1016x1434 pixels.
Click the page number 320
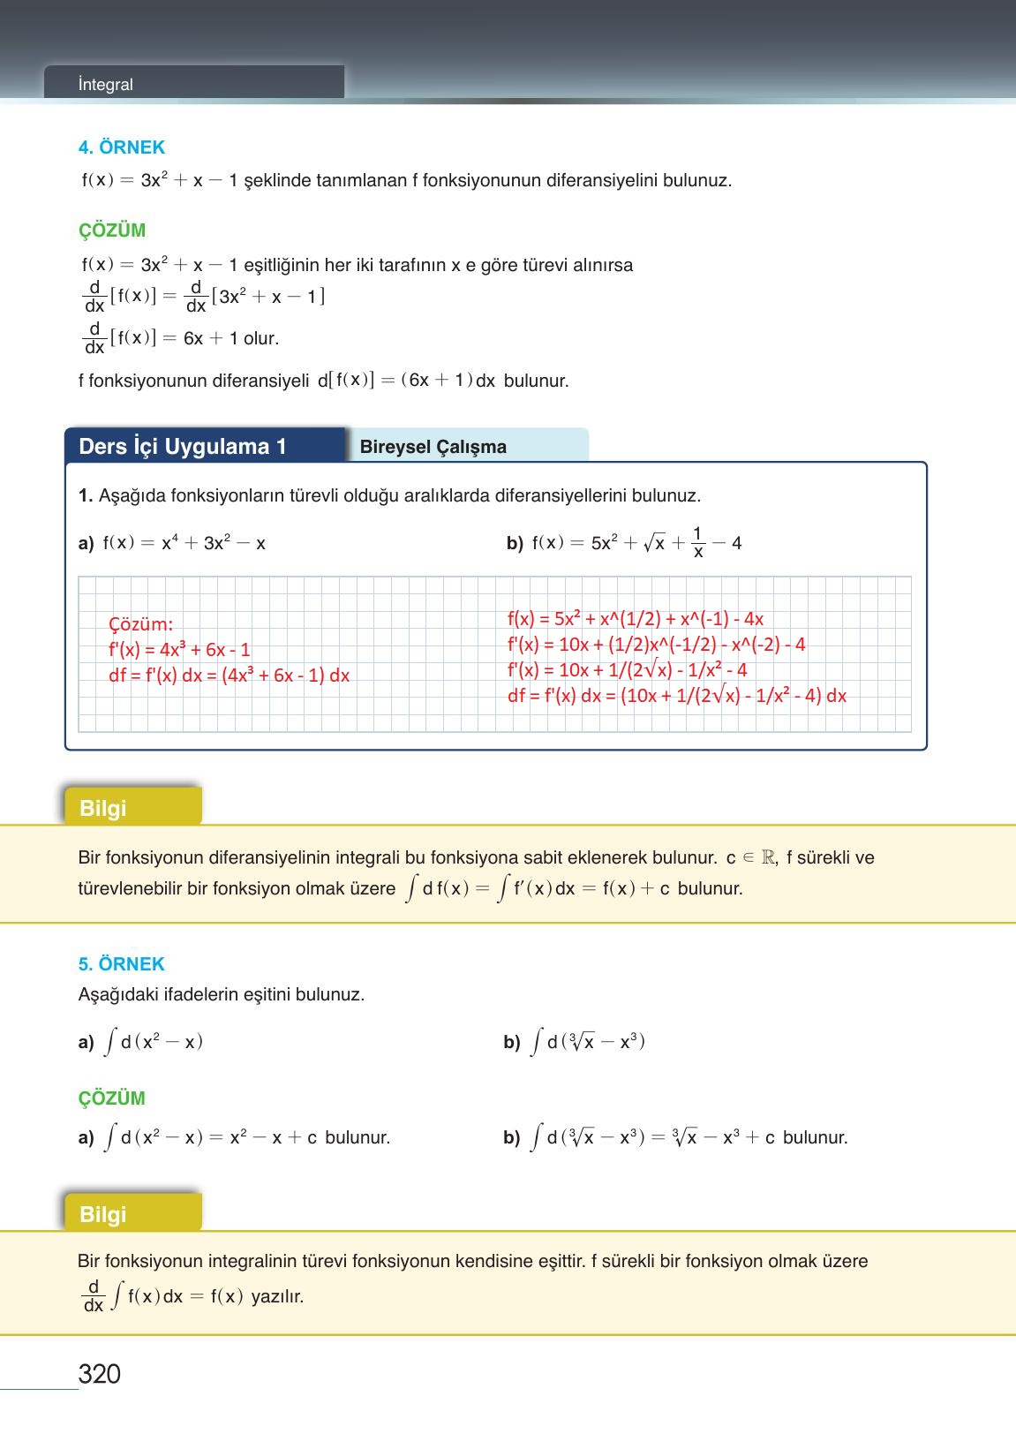coord(99,1373)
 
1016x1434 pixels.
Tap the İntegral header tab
coord(105,85)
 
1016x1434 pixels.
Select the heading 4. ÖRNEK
coord(122,147)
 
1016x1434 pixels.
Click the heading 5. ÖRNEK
coord(122,964)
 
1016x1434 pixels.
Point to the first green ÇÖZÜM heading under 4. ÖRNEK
coord(112,230)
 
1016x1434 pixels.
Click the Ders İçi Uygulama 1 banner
coord(183,447)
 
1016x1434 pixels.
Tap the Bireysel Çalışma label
coord(433,447)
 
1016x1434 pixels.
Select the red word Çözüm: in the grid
coord(140,624)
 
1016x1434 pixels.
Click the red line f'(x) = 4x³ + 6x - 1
coord(179,650)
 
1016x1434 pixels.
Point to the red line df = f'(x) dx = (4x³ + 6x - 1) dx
coord(229,675)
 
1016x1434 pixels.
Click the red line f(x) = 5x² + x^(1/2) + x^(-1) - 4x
coord(635,619)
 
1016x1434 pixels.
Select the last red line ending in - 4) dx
coord(676,696)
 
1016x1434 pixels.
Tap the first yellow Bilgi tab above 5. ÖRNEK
coord(103,808)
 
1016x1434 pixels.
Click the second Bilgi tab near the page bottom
coord(103,1214)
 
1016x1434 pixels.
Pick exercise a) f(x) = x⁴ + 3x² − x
coord(172,543)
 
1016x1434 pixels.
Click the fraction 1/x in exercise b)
coord(697,542)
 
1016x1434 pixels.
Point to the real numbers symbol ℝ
coord(768,857)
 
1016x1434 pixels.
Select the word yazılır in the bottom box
coord(277,1296)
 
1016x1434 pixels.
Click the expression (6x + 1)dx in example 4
coord(448,381)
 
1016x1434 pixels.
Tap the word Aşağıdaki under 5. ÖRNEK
coord(114,994)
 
